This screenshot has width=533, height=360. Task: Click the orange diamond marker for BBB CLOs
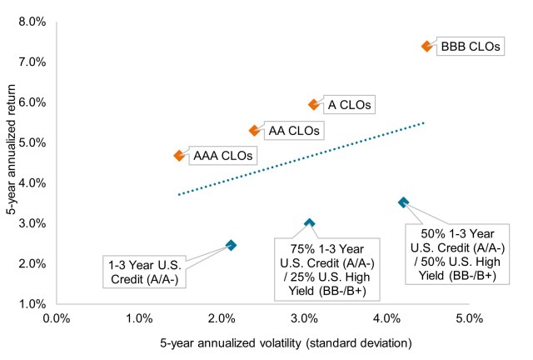426,47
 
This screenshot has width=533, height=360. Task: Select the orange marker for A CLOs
314,105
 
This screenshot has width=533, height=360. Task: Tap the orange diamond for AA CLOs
255,131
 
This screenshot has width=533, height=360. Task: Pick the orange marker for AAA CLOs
179,156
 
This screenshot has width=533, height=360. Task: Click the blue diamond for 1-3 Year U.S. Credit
231,245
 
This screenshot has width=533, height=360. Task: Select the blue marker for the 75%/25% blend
309,223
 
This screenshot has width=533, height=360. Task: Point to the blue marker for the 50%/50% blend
403,202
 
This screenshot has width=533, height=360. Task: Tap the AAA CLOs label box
222,156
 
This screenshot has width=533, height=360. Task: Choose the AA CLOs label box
294,131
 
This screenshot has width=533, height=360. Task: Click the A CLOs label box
349,105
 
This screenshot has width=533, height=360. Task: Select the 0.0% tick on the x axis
57,317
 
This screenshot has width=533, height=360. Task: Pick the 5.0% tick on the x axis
469,317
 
